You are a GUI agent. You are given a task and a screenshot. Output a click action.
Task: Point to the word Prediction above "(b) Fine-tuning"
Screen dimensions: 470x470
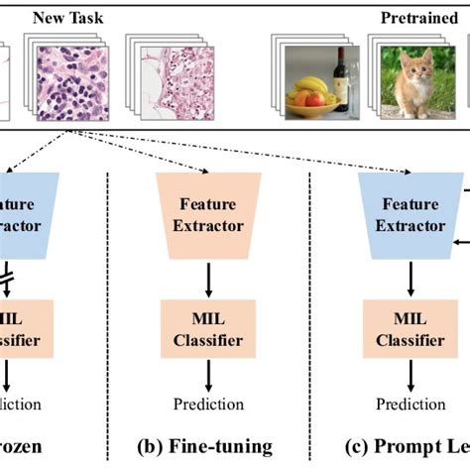[208, 404]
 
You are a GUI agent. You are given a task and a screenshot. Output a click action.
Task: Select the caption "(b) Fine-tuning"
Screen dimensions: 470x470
[208, 447]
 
